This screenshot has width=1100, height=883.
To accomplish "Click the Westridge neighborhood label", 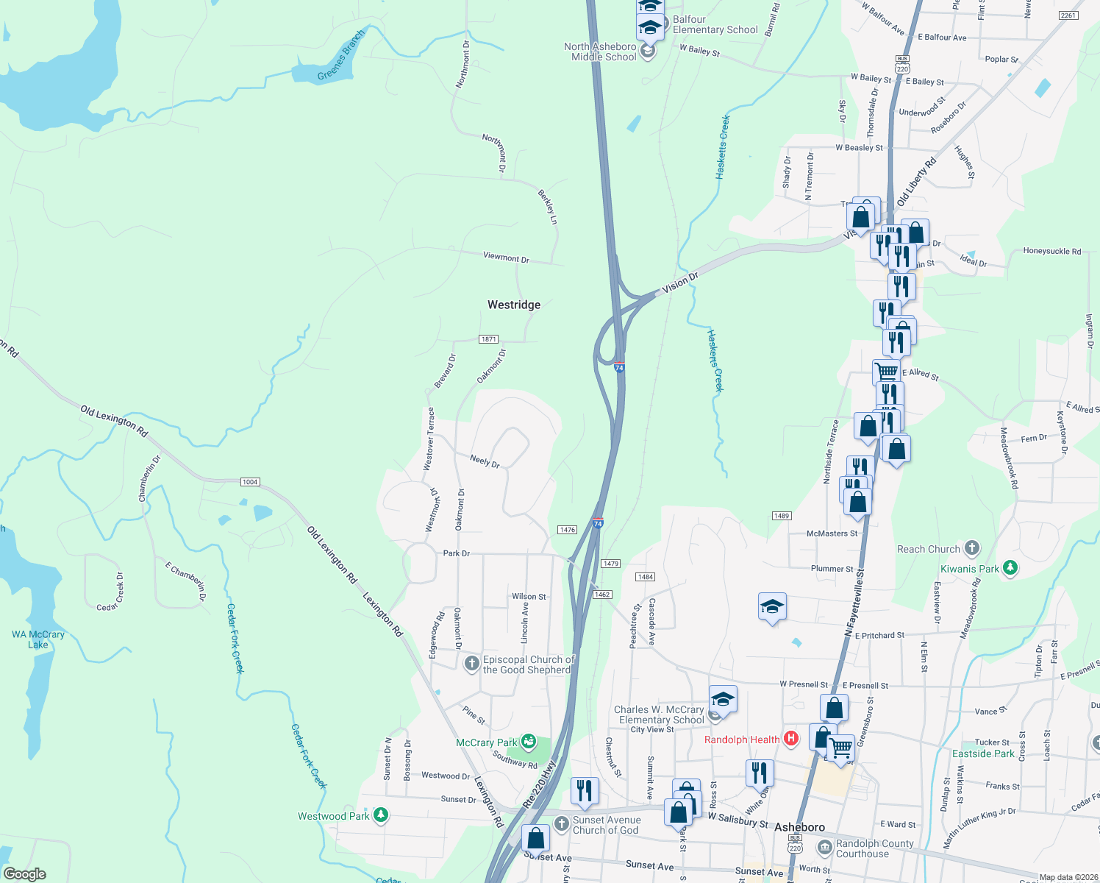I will pyautogui.click(x=514, y=305).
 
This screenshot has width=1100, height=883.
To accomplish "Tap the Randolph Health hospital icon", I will pyautogui.click(x=791, y=739).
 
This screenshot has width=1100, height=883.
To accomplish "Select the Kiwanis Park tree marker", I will pyautogui.click(x=1010, y=568).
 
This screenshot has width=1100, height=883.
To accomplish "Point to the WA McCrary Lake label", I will pyautogui.click(x=38, y=639).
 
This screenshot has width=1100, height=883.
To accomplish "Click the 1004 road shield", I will pyautogui.click(x=250, y=482).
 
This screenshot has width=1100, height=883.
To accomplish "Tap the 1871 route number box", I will pyautogui.click(x=489, y=339).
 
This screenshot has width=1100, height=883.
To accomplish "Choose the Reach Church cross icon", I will pyautogui.click(x=971, y=548).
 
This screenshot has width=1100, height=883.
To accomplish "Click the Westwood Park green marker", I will pyautogui.click(x=380, y=815).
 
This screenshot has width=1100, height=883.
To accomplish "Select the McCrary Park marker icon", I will pyautogui.click(x=528, y=742).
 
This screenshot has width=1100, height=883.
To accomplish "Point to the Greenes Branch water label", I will pyautogui.click(x=341, y=56).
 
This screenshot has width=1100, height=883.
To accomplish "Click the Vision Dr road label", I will pyautogui.click(x=680, y=282).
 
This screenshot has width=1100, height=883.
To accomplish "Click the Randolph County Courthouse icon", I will pyautogui.click(x=825, y=848).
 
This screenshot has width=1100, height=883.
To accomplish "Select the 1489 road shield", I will pyautogui.click(x=782, y=516).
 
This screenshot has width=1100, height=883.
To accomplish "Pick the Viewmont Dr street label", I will pyautogui.click(x=506, y=258).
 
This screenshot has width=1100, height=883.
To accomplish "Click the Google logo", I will pyautogui.click(x=24, y=873).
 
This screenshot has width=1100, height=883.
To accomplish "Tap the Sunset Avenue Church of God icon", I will pyautogui.click(x=562, y=824).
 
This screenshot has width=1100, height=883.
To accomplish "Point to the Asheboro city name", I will pyautogui.click(x=799, y=827).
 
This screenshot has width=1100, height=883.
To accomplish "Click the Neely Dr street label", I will pyautogui.click(x=485, y=461).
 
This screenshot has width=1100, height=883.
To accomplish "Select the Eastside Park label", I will pyautogui.click(x=983, y=753).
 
